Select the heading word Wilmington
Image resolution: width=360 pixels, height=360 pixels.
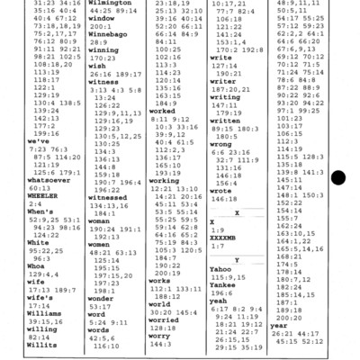point(112,4)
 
